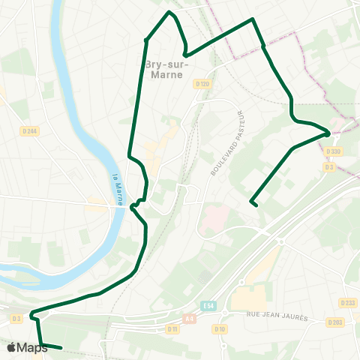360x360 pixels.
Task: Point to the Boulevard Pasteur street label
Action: coord(229,142)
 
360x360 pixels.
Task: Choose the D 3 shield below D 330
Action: coord(328,166)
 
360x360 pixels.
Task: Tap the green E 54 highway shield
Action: coord(208,305)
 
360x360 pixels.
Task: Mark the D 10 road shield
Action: coord(220,328)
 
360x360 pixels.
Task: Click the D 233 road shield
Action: coord(347,303)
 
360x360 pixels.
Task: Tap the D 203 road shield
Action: coord(334,322)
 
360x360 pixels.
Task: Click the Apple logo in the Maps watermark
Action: coord(11,347)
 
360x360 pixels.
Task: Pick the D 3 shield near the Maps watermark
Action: coord(16,319)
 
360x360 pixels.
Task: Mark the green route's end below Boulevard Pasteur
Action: coord(253,202)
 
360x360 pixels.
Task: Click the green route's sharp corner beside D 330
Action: coord(329,133)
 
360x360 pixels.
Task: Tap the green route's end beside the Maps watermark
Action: coord(61,348)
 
